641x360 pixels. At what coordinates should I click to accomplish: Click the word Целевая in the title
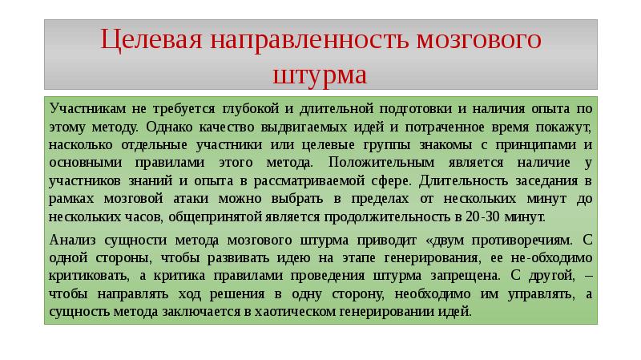click(151, 40)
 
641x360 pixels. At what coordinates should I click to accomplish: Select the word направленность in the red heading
click(309, 40)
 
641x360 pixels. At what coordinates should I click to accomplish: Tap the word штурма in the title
click(320, 75)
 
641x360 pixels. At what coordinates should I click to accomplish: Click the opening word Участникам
click(88, 108)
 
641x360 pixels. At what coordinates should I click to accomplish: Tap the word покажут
click(563, 127)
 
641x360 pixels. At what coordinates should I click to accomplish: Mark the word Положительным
click(381, 163)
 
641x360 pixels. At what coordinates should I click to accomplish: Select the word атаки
click(191, 199)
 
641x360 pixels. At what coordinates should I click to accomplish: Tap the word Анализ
click(72, 241)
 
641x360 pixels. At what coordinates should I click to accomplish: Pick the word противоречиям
click(522, 241)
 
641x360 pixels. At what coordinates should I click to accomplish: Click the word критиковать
click(89, 276)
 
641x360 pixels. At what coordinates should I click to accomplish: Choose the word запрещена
click(466, 276)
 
